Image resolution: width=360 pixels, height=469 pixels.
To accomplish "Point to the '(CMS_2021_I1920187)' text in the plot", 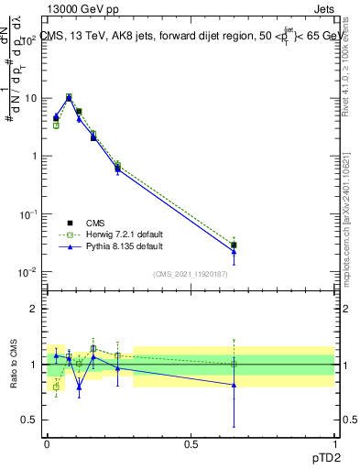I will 190,274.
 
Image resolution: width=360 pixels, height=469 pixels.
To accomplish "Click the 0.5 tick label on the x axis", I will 191,442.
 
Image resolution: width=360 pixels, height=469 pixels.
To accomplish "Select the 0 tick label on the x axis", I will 47,442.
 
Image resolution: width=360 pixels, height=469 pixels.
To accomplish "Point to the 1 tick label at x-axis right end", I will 334,442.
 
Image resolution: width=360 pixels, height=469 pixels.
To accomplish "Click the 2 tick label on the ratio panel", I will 35,309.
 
